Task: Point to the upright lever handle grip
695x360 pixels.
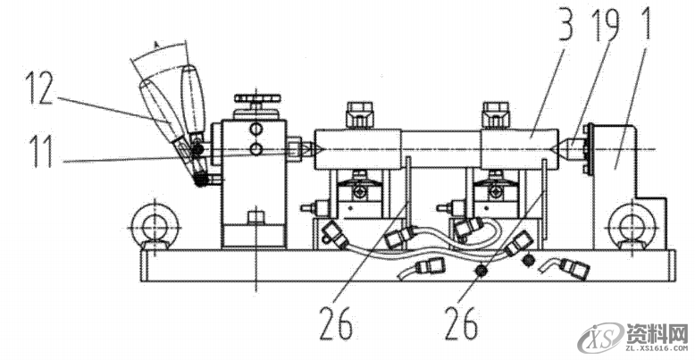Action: click(x=194, y=94)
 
